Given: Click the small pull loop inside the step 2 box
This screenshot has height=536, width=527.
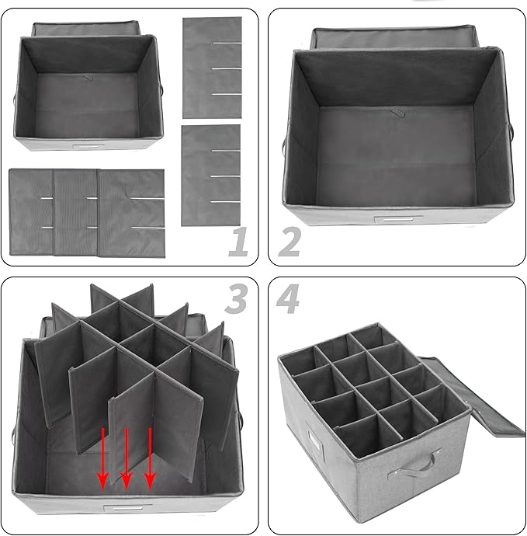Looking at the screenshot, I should [x=399, y=114].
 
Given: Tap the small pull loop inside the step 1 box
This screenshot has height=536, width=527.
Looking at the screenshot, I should [x=88, y=78].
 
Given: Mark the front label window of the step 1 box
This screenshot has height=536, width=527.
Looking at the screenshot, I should [x=86, y=146].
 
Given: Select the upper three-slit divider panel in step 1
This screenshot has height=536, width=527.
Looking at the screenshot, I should [x=212, y=67].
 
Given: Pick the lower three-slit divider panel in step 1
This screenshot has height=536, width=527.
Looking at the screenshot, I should [x=211, y=176].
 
